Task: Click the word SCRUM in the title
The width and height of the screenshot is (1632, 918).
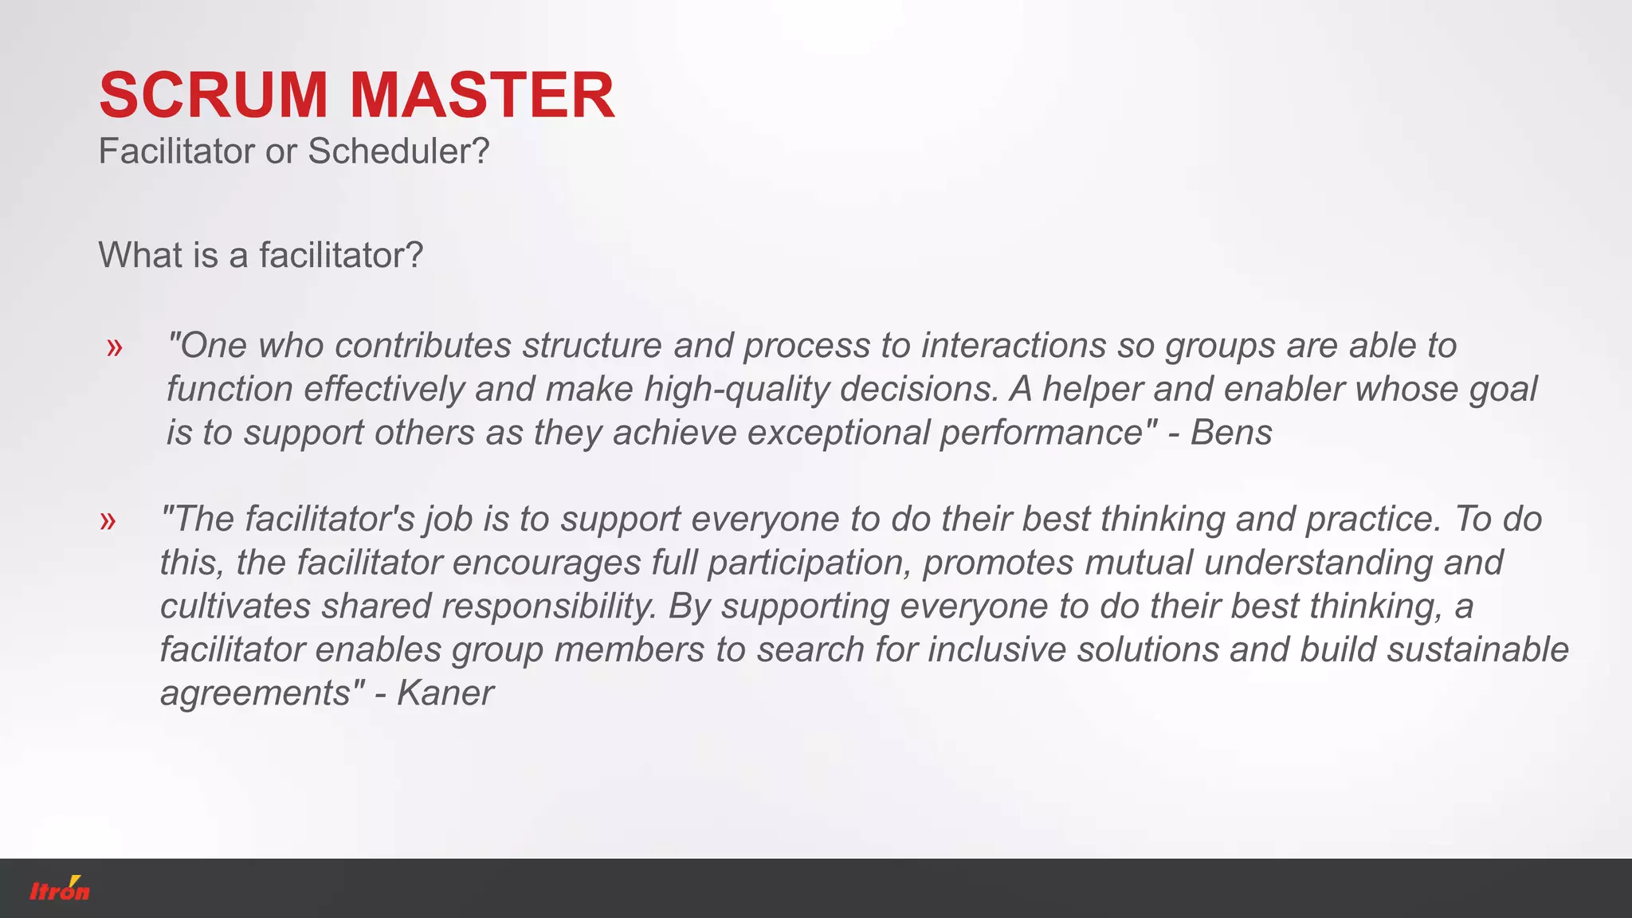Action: [213, 96]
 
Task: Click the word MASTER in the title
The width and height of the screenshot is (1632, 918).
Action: [482, 96]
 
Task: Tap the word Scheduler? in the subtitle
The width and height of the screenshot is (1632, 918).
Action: [398, 151]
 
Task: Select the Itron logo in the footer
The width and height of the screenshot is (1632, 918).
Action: [60, 889]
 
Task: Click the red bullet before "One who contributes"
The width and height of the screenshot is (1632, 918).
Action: [115, 347]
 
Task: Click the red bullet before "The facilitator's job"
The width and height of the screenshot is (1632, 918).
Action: [108, 521]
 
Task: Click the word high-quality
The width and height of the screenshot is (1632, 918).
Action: [737, 390]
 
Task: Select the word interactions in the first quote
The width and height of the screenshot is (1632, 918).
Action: [1014, 346]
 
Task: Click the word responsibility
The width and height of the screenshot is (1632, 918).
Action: [548, 606]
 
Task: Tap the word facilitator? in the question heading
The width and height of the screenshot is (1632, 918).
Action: [341, 256]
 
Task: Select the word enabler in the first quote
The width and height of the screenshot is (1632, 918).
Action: [1284, 390]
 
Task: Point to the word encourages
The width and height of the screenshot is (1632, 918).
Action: [547, 563]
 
